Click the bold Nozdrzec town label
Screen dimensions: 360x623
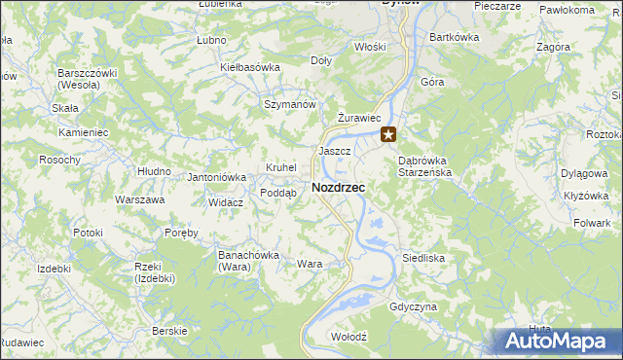[x=338, y=187]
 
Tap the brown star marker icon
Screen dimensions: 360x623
[x=389, y=135]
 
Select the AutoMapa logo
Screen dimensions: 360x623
[x=558, y=342]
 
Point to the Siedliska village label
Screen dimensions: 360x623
[x=423, y=259]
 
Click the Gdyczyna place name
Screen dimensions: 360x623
[x=413, y=306]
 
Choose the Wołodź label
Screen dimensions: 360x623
[x=348, y=336]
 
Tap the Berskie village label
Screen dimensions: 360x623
[x=170, y=331]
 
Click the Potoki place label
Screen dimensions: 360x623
[x=88, y=233]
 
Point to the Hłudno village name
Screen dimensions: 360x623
[x=154, y=170]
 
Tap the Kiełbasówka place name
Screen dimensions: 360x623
[x=250, y=67]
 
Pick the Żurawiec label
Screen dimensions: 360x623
[x=357, y=118]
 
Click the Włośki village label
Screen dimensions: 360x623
[x=370, y=46]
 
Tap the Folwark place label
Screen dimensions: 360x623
[x=591, y=223]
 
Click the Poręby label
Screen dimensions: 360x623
[x=181, y=233]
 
